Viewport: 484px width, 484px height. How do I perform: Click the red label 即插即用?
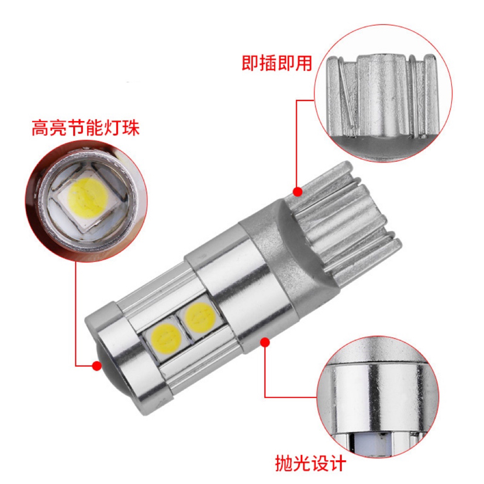tap(276, 63)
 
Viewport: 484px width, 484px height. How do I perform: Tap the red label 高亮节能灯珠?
tap(85, 128)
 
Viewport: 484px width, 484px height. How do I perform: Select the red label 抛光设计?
tap(310, 462)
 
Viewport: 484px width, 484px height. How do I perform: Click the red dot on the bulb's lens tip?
tap(97, 365)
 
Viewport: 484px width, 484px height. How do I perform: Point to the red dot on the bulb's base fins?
tap(298, 192)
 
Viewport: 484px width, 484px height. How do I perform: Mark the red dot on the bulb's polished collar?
tap(265, 343)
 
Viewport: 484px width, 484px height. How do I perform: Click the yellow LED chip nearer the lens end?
tap(166, 337)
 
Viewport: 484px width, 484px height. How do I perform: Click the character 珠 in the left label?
tap(131, 128)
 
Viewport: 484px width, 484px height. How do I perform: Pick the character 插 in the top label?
tap(268, 63)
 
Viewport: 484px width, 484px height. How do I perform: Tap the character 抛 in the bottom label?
tap(284, 462)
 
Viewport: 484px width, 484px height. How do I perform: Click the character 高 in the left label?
tap(40, 128)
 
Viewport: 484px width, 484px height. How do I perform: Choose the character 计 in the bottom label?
tap(337, 462)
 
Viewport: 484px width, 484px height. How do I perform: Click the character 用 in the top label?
tap(304, 63)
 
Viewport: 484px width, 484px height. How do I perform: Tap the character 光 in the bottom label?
tap(302, 462)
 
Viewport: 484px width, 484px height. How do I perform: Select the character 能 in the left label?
tap(95, 128)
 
